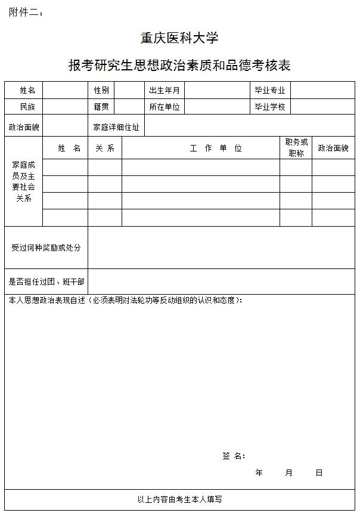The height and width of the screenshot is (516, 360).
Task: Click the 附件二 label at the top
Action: (x=26, y=13)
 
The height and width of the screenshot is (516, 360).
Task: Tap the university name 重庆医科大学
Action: (x=179, y=38)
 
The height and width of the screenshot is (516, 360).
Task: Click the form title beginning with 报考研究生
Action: (x=179, y=66)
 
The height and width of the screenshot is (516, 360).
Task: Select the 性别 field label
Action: (x=101, y=90)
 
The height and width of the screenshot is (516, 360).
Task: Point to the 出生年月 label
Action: (x=165, y=90)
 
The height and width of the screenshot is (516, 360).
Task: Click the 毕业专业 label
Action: (x=270, y=90)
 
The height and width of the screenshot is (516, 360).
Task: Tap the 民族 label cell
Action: (x=27, y=107)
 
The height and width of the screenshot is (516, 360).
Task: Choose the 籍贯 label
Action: (x=101, y=107)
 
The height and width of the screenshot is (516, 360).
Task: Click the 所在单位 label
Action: (x=165, y=107)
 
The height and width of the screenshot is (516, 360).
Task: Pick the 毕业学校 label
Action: (x=270, y=107)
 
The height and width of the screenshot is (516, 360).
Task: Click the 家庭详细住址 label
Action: (x=116, y=127)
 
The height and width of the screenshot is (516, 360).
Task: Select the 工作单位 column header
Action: (x=216, y=149)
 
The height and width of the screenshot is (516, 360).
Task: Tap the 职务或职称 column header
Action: (x=296, y=147)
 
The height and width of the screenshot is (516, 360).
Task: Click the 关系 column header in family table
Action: (x=105, y=149)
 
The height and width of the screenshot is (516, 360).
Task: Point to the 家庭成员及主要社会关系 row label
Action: (x=24, y=181)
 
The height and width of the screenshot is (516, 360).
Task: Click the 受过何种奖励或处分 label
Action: (x=46, y=247)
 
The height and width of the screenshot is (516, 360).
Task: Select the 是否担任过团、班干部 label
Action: (x=46, y=281)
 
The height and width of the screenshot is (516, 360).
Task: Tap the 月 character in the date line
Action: (x=289, y=472)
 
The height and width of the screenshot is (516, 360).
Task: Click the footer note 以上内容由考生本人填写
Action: (x=179, y=499)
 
